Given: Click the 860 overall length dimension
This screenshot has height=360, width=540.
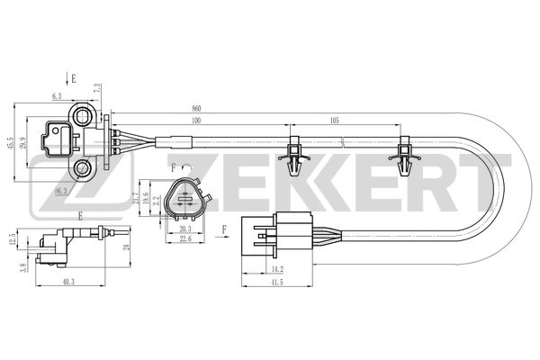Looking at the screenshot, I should pyautogui.click(x=196, y=107).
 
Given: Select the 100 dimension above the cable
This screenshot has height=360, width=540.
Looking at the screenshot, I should pyautogui.click(x=196, y=120).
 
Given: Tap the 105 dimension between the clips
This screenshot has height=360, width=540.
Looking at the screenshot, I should pyautogui.click(x=334, y=120).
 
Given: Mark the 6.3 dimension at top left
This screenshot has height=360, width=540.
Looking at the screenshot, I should pyautogui.click(x=57, y=94).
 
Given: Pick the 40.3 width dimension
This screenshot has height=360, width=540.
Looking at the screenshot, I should pyautogui.click(x=68, y=282).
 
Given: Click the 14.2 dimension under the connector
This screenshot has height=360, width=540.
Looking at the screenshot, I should pyautogui.click(x=277, y=267).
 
